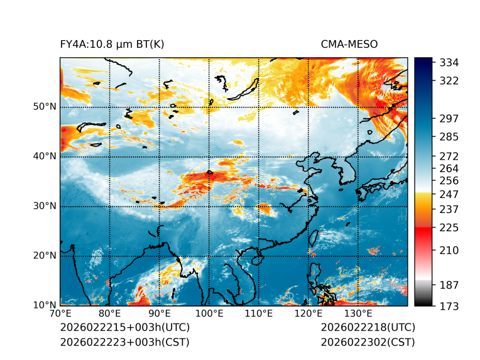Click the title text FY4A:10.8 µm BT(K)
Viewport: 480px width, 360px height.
tap(112, 44)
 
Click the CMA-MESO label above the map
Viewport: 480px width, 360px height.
tap(349, 44)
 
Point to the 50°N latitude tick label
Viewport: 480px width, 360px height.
tap(44, 107)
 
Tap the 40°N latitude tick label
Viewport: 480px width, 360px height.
tap(44, 156)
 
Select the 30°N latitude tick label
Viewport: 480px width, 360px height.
tap(44, 206)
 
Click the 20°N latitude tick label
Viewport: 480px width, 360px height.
tap(44, 256)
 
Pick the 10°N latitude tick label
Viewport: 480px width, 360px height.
tap(44, 305)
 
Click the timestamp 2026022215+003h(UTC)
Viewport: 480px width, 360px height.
tap(124, 328)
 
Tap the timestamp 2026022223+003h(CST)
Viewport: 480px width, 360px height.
tap(124, 342)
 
